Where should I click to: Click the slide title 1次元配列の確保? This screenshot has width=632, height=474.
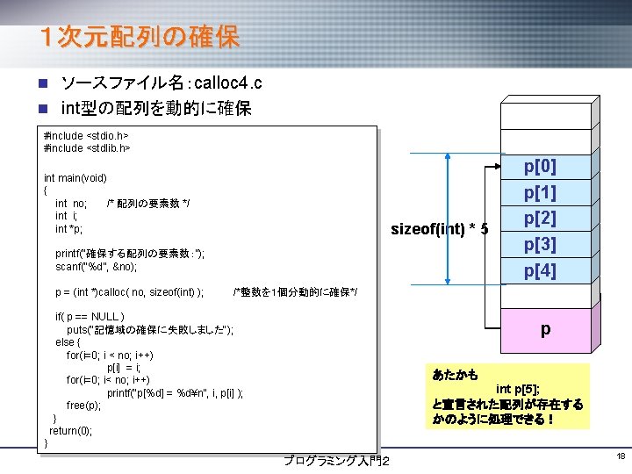[139, 38]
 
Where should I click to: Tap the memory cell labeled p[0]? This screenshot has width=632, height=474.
[540, 166]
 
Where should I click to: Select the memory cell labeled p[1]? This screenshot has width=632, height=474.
[540, 192]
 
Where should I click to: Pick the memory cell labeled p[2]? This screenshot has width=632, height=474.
[540, 218]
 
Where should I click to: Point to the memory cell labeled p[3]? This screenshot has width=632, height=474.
[540, 244]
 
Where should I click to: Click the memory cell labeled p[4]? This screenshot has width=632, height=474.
[540, 270]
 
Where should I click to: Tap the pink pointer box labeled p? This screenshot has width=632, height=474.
[545, 330]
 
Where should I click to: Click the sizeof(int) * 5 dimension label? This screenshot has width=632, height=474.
[439, 230]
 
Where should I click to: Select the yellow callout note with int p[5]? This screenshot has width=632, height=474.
[507, 397]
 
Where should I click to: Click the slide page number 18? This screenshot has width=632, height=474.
[620, 456]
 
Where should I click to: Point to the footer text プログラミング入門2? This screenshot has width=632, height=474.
[337, 461]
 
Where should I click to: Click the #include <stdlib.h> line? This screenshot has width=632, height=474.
[87, 148]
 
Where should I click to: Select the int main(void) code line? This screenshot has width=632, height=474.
[75, 178]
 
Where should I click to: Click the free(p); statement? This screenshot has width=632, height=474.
[83, 405]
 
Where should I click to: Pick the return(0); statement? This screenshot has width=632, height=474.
[70, 430]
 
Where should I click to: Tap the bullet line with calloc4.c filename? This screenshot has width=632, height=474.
[161, 84]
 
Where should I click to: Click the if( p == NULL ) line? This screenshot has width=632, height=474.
[90, 317]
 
